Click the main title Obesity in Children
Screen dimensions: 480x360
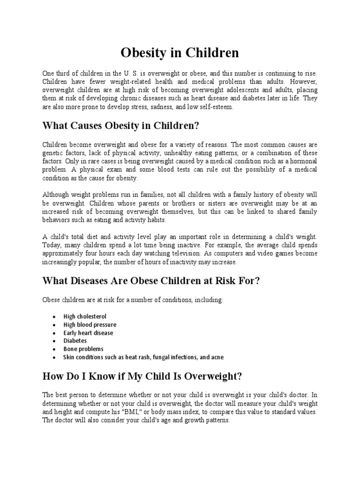pos(180,53)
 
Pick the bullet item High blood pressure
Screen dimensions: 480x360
pos(90,324)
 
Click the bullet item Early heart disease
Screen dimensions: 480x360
pos(88,333)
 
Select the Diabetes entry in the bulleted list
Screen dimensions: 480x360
pos(75,341)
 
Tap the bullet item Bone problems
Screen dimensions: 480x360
pos(83,349)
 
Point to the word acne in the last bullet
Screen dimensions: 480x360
pos(217,357)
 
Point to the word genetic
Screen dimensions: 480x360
pos(52,153)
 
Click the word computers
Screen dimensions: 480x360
pos(222,254)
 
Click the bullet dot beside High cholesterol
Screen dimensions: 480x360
pos(54,317)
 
